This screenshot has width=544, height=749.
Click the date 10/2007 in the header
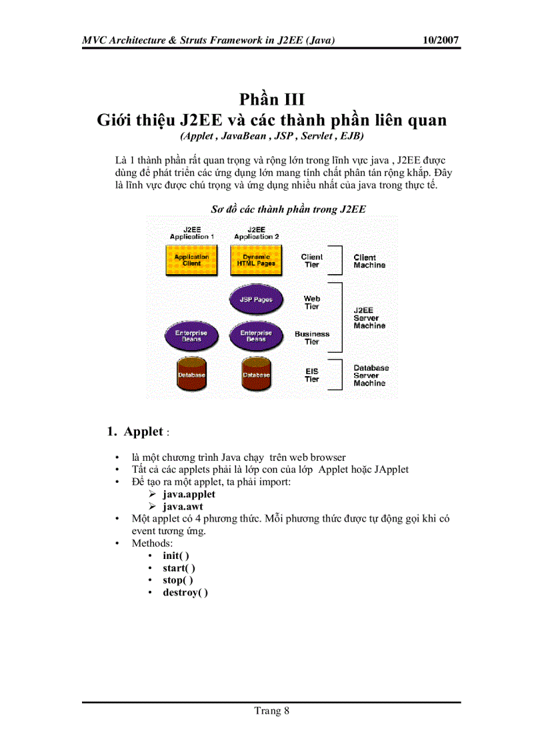(x=441, y=41)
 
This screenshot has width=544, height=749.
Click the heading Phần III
(x=271, y=99)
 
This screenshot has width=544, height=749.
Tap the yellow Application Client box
(x=191, y=260)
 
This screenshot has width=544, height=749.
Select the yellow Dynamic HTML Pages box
(x=256, y=260)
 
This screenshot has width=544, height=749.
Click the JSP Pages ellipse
(x=256, y=300)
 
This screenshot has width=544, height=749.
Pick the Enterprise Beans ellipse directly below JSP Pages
(x=256, y=336)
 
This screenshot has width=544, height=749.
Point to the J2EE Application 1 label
(x=191, y=233)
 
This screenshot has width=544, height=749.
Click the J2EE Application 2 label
(x=257, y=233)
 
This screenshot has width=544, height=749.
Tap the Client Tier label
(x=311, y=261)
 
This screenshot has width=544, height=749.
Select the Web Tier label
(x=312, y=302)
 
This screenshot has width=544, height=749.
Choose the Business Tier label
(x=312, y=337)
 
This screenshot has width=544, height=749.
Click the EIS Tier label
(x=312, y=376)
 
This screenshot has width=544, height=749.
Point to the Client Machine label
(x=369, y=261)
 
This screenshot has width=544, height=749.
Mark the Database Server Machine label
(x=371, y=376)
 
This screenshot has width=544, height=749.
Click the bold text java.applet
(x=189, y=494)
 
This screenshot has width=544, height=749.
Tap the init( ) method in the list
(x=176, y=555)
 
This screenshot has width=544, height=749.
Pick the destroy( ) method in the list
(x=185, y=592)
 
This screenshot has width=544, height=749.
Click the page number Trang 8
(x=271, y=710)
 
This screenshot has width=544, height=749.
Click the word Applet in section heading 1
(x=143, y=432)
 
